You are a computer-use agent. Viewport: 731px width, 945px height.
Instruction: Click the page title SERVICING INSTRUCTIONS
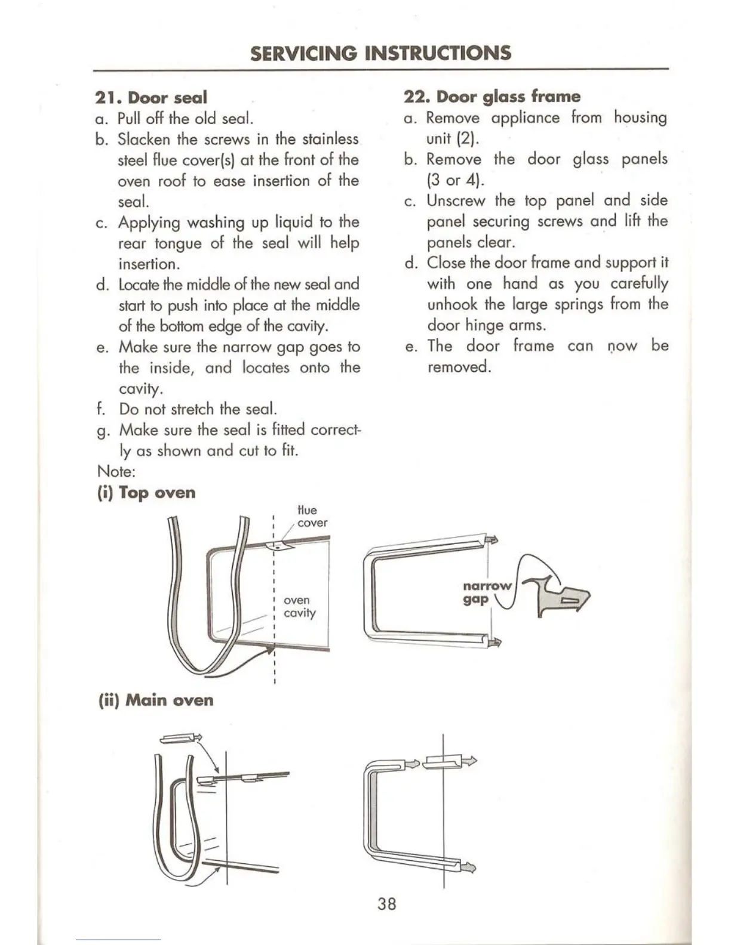coord(380,53)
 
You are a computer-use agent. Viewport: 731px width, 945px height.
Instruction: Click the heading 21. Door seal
coord(151,97)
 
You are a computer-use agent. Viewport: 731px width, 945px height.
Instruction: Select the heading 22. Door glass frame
coord(492,97)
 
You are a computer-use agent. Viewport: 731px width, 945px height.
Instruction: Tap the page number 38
coord(386,904)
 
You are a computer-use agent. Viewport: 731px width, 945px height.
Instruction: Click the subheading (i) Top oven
coord(146,493)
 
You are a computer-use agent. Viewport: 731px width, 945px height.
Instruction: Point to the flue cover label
coord(312,517)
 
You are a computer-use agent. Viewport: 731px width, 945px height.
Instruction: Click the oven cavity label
coord(299,607)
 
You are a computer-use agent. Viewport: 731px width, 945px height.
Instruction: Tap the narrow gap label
coord(487,592)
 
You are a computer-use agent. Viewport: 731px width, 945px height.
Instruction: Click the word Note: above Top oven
coord(116,471)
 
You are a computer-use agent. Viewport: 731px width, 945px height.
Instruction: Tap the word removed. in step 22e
coord(459,366)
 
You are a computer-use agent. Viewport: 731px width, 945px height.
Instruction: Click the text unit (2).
coord(453,138)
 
